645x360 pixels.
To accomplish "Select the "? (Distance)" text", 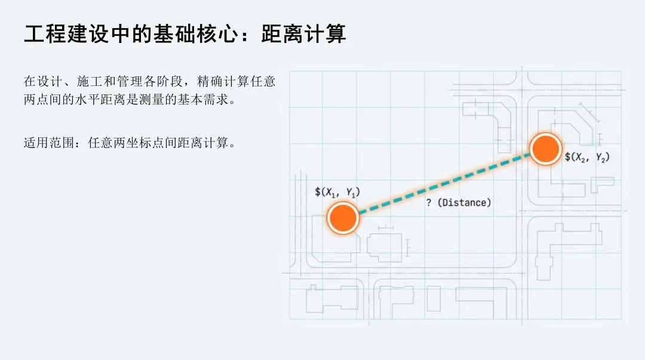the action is click(459, 203).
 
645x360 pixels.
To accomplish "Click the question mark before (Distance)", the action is click(429, 203).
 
